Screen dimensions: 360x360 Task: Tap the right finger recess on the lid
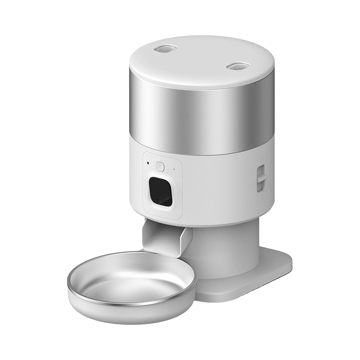click(237, 66)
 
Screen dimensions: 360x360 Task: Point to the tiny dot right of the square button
click(173, 170)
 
